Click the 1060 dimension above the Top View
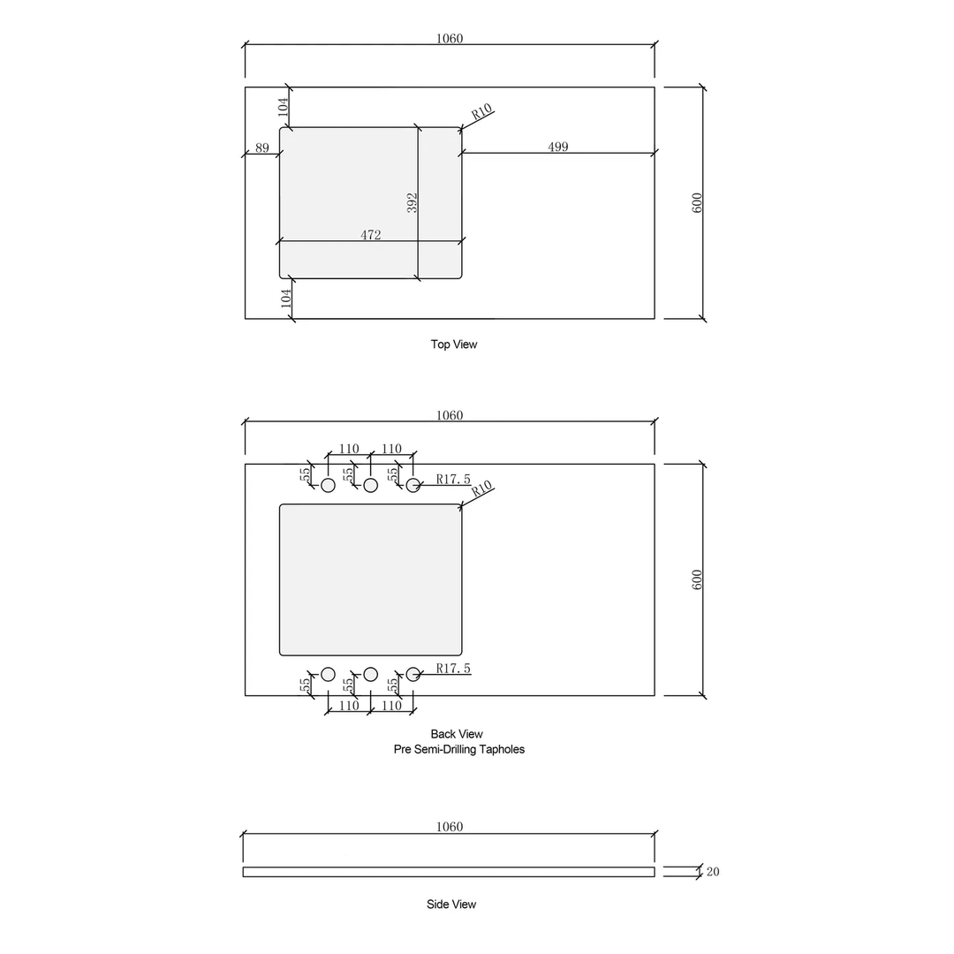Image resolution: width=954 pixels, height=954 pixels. click(450, 38)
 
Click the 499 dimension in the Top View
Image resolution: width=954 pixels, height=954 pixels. click(557, 147)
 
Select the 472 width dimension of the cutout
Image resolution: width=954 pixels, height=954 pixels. click(371, 235)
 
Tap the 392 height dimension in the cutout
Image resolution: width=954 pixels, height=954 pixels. click(413, 202)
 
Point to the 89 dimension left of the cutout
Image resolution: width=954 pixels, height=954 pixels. click(262, 148)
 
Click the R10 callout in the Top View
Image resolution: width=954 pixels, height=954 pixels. click(481, 113)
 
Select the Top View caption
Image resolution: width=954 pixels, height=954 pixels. click(453, 344)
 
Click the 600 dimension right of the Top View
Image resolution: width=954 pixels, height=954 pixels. click(697, 202)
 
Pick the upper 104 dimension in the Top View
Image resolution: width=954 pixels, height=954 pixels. click(284, 107)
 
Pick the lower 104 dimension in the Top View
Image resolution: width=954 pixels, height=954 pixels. click(285, 298)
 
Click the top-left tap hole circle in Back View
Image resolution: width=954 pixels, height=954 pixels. click(328, 485)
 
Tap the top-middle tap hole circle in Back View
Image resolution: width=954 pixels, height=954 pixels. click(371, 485)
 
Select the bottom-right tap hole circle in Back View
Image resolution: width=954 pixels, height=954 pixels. click(413, 674)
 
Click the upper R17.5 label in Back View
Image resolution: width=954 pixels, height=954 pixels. click(453, 480)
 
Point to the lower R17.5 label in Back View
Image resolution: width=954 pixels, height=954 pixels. click(453, 669)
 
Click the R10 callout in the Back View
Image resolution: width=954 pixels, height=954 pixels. click(481, 490)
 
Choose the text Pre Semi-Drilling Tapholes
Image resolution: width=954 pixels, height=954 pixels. click(458, 749)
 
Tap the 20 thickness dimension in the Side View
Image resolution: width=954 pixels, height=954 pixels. click(713, 872)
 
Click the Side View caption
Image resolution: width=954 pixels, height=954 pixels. click(450, 905)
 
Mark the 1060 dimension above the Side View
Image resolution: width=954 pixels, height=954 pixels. click(450, 827)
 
